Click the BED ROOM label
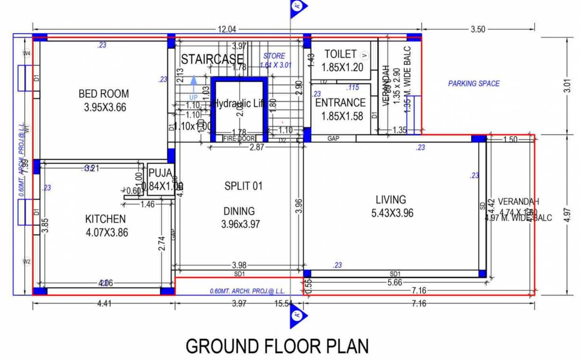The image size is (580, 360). [104, 94]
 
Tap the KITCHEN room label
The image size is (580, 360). [105, 219]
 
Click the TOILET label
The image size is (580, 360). [340, 54]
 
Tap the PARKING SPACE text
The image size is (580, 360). [474, 83]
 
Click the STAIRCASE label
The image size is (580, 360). [212, 60]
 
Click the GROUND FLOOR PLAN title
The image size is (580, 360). [277, 346]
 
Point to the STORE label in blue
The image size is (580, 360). [274, 56]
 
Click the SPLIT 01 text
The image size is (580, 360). [243, 186]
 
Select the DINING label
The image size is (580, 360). [239, 211]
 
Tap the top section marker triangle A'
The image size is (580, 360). [297, 7]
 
